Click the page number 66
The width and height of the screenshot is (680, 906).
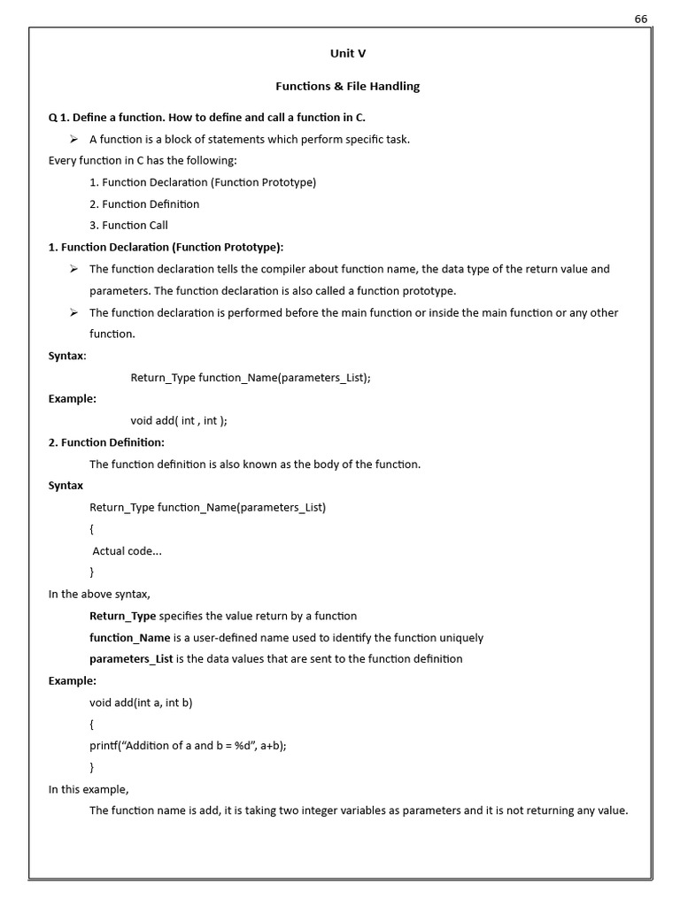pyautogui.click(x=641, y=19)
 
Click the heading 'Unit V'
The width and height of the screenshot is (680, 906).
pyautogui.click(x=348, y=53)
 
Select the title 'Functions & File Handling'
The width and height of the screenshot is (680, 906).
pyautogui.click(x=347, y=87)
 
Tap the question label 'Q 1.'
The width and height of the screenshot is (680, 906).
pyautogui.click(x=58, y=118)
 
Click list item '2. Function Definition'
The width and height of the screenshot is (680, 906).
pyautogui.click(x=144, y=204)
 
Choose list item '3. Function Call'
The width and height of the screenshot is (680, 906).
pyautogui.click(x=128, y=226)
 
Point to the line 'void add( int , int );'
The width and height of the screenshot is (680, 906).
pyautogui.click(x=179, y=421)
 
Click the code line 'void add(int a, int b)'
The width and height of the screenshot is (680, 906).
pyautogui.click(x=141, y=703)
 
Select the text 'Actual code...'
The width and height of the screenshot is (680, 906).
pyautogui.click(x=127, y=551)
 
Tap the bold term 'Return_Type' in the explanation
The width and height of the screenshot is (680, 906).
pyautogui.click(x=122, y=616)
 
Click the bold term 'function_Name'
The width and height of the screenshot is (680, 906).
pyautogui.click(x=129, y=638)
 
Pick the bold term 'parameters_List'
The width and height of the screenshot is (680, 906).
pyautogui.click(x=131, y=659)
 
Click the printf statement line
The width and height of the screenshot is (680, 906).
pyautogui.click(x=188, y=746)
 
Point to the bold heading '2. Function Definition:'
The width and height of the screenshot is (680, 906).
pyautogui.click(x=106, y=442)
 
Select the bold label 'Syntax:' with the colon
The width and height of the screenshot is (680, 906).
pyautogui.click(x=67, y=356)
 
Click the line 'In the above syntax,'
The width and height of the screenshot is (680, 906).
pyautogui.click(x=99, y=595)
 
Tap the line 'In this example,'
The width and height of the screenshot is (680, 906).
pyautogui.click(x=89, y=789)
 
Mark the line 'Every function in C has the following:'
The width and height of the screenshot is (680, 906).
pyautogui.click(x=143, y=161)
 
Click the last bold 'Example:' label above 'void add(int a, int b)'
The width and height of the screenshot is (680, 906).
pyautogui.click(x=73, y=681)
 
